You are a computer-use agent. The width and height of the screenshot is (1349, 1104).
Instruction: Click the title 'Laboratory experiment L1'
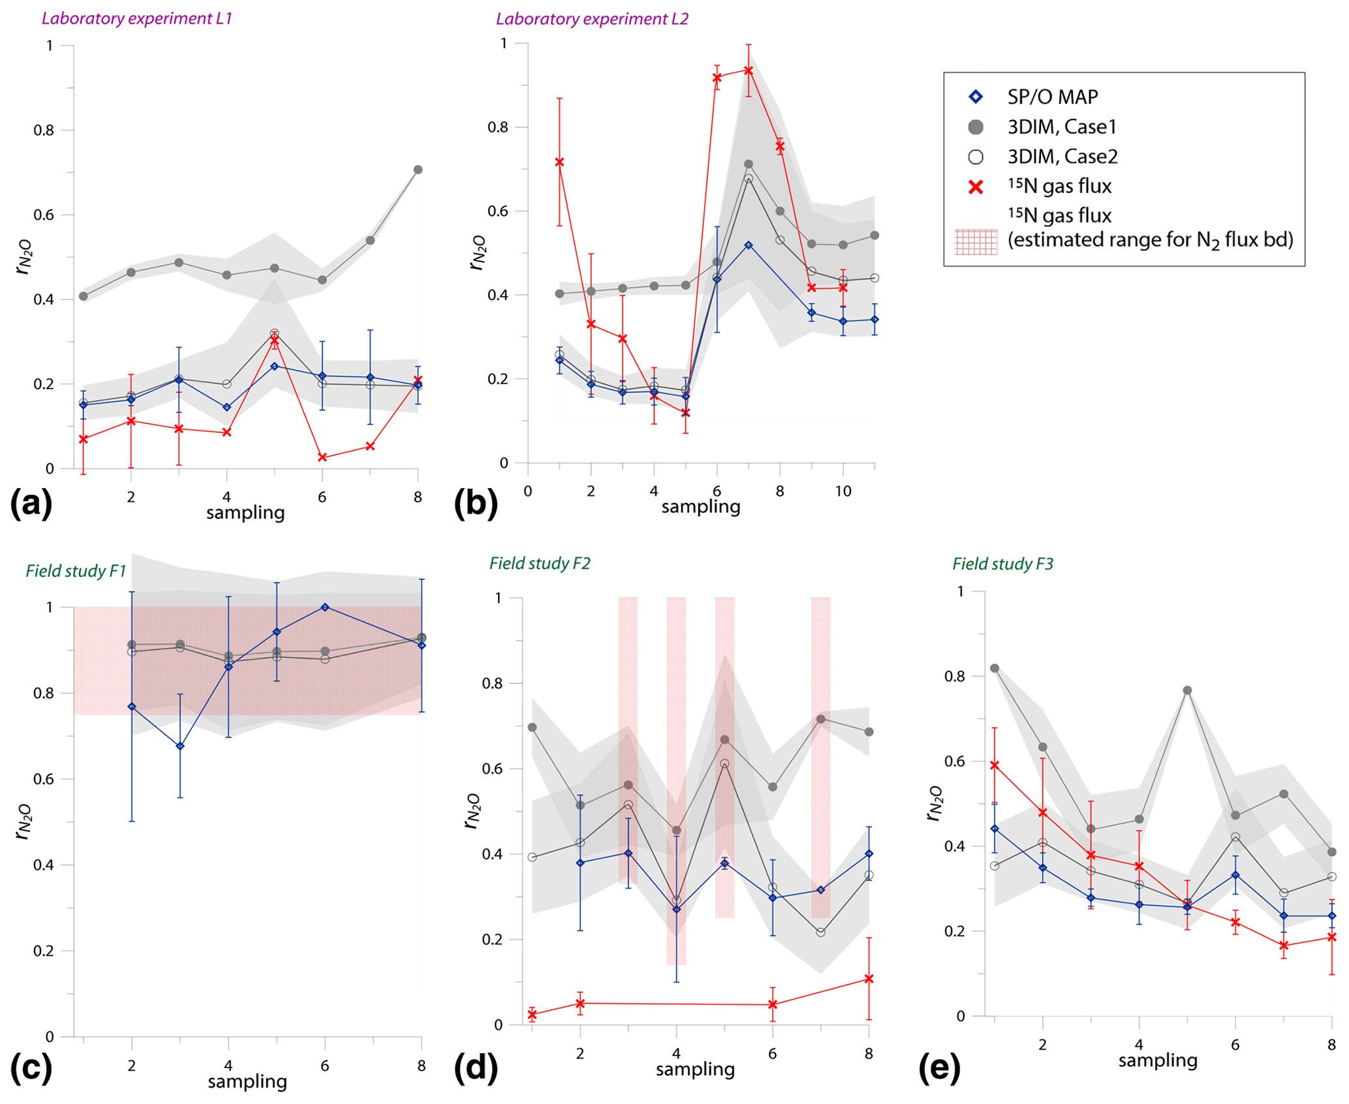[137, 18]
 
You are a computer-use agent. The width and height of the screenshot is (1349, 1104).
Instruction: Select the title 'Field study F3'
[1002, 564]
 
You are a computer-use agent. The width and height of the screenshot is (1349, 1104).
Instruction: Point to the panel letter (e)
[939, 1068]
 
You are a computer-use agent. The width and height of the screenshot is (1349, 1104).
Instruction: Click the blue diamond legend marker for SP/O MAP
[976, 97]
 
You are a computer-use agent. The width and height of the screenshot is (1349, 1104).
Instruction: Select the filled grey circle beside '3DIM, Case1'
[976, 127]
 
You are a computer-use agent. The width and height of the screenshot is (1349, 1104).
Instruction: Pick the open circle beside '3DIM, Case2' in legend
[976, 157]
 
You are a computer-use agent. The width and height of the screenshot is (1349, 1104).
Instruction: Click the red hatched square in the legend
[976, 241]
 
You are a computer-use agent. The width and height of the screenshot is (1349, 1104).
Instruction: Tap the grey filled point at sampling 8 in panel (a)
[418, 170]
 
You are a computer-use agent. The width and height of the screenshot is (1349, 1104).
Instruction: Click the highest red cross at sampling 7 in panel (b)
[749, 70]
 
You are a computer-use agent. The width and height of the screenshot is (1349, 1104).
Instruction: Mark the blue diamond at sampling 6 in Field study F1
[325, 607]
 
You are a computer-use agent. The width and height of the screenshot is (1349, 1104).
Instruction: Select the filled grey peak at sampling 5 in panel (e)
[1187, 690]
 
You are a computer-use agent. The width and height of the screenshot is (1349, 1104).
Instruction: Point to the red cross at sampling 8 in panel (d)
[869, 979]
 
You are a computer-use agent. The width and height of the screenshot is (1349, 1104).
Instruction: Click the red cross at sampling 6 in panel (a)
[322, 457]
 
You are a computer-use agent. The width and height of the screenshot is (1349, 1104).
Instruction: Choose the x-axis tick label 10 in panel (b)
[843, 491]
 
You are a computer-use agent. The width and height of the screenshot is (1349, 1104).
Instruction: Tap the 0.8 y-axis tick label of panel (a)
[44, 130]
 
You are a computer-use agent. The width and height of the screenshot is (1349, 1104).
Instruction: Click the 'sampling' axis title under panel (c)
[247, 1082]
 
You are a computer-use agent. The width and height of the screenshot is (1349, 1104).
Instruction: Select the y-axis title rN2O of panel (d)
[472, 811]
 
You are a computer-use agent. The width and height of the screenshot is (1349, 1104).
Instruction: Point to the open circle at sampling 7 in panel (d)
[820, 932]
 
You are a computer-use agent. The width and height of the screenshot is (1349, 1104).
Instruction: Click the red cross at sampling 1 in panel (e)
[995, 765]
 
